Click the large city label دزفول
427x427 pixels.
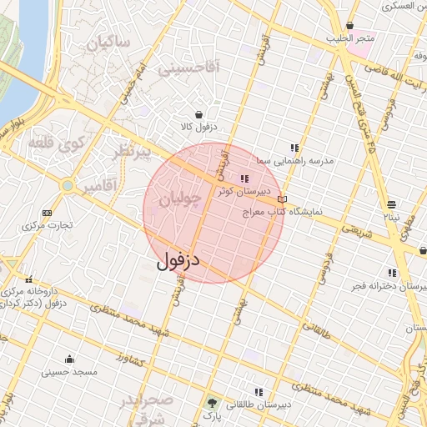point(178,261)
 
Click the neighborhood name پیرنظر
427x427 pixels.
point(133,153)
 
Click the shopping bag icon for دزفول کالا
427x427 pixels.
point(198,114)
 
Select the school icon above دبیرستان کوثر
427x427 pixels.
point(244,178)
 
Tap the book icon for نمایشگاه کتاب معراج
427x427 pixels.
point(282,200)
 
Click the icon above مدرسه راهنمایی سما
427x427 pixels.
point(294,147)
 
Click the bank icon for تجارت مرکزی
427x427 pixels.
point(46,212)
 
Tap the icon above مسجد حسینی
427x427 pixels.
point(68,359)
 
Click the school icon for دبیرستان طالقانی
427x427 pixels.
point(259,391)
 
